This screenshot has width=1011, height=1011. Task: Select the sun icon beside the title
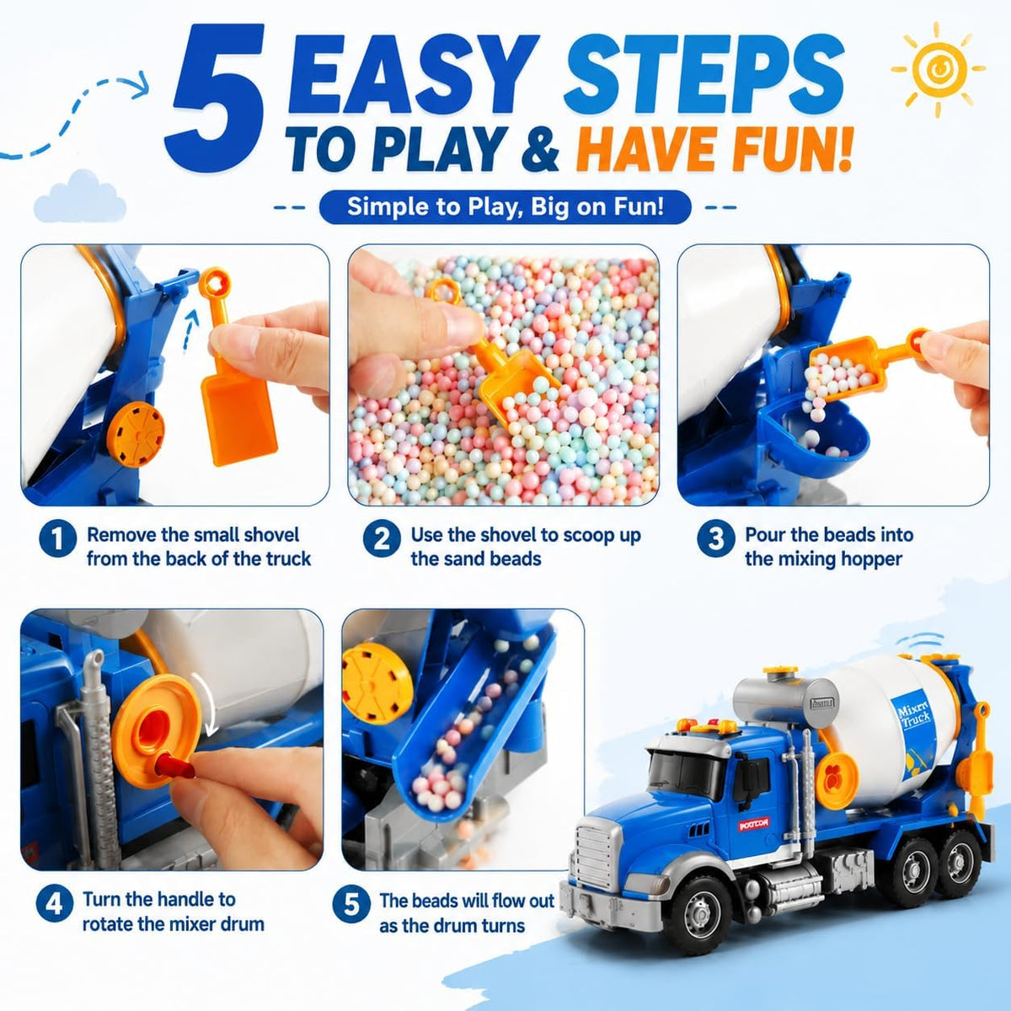(x=938, y=69)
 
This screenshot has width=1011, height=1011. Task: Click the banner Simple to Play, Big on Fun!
(x=505, y=206)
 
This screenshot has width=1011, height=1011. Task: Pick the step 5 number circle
(x=351, y=905)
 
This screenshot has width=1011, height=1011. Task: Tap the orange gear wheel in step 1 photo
(x=136, y=435)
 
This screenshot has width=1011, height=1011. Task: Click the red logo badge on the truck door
(x=753, y=825)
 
